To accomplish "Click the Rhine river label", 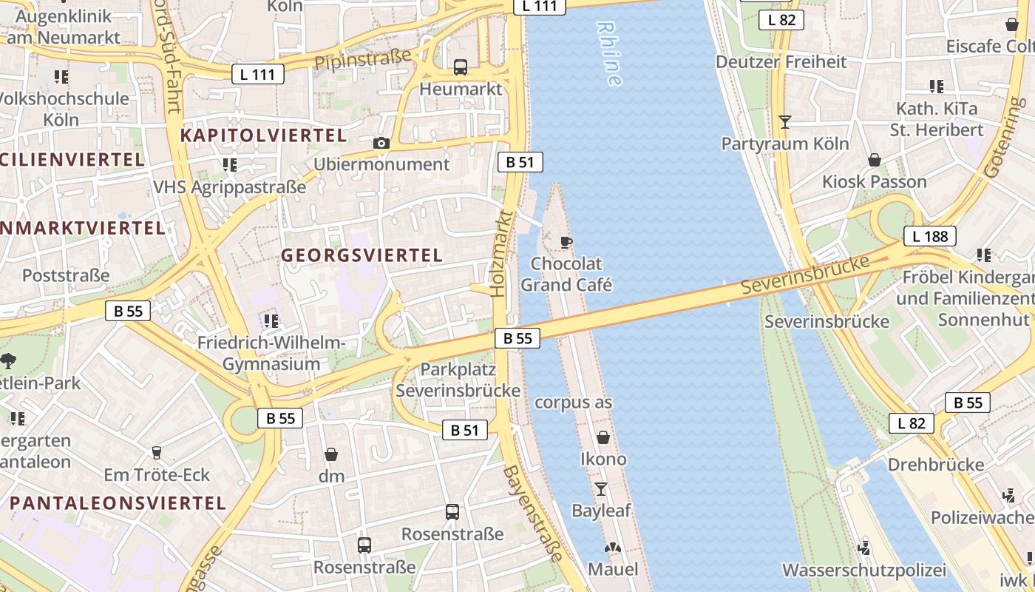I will pyautogui.click(x=609, y=53).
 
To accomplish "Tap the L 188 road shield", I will pyautogui.click(x=929, y=237).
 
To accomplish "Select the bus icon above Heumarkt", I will pyautogui.click(x=461, y=67).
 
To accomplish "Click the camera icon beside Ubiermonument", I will pyautogui.click(x=381, y=143).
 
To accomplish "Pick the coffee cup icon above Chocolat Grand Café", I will pyautogui.click(x=566, y=242).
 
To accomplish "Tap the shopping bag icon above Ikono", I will pyautogui.click(x=603, y=437).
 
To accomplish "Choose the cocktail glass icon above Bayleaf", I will pyautogui.click(x=600, y=489).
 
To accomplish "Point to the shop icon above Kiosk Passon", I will pyautogui.click(x=874, y=160).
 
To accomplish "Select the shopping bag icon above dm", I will pyautogui.click(x=331, y=454).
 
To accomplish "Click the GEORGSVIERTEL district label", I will pyautogui.click(x=362, y=255).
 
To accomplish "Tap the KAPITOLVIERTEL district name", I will pyautogui.click(x=263, y=135).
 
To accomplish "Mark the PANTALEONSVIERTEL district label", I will pyautogui.click(x=118, y=503).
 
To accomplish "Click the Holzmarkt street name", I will pyautogui.click(x=502, y=254).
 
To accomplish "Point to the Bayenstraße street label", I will pyautogui.click(x=533, y=522).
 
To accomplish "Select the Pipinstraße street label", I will pyautogui.click(x=362, y=58).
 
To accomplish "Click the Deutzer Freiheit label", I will pyautogui.click(x=781, y=61).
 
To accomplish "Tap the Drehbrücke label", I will pyautogui.click(x=936, y=465).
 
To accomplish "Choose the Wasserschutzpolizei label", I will pyautogui.click(x=864, y=571).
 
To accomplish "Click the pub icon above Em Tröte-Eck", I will pyautogui.click(x=156, y=452).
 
